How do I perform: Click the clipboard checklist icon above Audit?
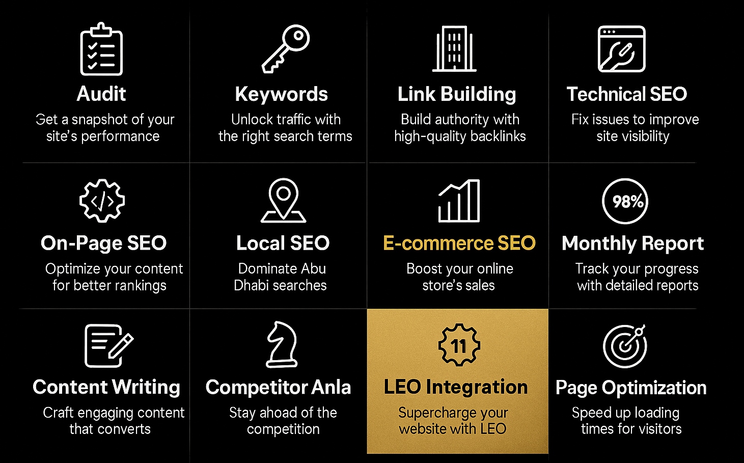tap(101, 49)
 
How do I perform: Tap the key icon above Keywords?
tap(286, 48)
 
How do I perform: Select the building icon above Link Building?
tap(454, 48)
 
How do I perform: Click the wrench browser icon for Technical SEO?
tap(621, 48)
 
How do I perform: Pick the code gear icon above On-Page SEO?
tap(102, 201)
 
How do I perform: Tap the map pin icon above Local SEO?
tap(283, 200)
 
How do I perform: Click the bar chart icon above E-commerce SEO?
tap(459, 201)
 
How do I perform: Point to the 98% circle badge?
tap(625, 201)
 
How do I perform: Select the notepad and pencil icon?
tap(109, 346)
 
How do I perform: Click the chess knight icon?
tap(282, 344)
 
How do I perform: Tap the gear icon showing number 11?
tap(459, 345)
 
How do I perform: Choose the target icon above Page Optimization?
tap(624, 345)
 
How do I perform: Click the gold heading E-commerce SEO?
tap(459, 243)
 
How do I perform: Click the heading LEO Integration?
tap(456, 387)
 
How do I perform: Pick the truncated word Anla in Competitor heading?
tap(331, 387)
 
